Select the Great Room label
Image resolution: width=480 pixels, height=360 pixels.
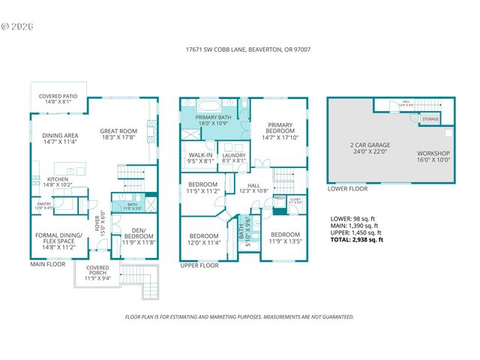coord(118,134)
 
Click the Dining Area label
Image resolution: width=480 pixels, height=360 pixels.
coord(60,138)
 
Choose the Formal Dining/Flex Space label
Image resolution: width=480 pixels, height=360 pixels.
coord(58,238)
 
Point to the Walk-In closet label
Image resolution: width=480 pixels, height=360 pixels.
coord(200,157)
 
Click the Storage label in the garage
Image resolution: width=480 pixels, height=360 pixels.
coord(430,118)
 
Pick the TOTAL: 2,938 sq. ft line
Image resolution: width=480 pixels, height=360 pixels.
coord(357,240)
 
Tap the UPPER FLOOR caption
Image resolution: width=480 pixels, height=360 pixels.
coord(199,265)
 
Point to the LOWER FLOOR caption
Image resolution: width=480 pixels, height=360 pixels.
coord(347,189)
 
